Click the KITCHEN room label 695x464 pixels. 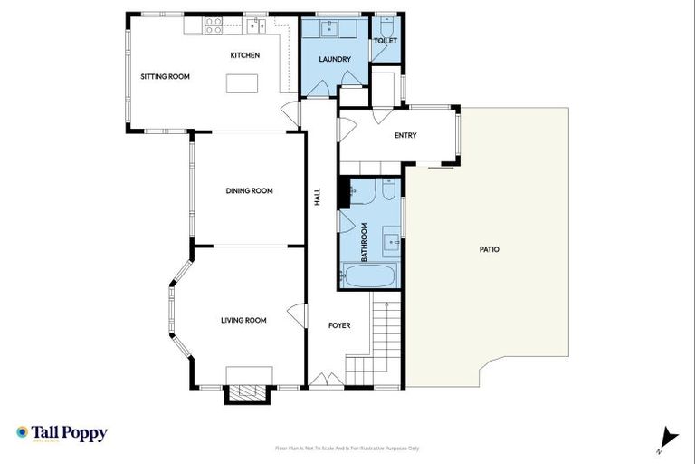tap(244, 55)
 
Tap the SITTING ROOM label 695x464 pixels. tap(165, 77)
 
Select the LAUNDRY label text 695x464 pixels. tap(334, 60)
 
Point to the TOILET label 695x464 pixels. tap(386, 41)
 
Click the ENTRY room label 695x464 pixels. tap(405, 136)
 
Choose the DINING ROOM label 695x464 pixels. tap(249, 190)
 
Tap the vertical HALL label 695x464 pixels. tap(318, 197)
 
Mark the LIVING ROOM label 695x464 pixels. tap(243, 320)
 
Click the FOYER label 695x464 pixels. tap(338, 325)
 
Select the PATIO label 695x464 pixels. tap(489, 249)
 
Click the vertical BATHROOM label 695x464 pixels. tap(365, 242)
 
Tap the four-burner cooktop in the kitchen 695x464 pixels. tap(214, 26)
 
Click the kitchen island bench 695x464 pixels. tap(241, 83)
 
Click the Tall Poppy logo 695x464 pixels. tap(62, 433)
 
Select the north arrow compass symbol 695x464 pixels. tap(668, 437)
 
